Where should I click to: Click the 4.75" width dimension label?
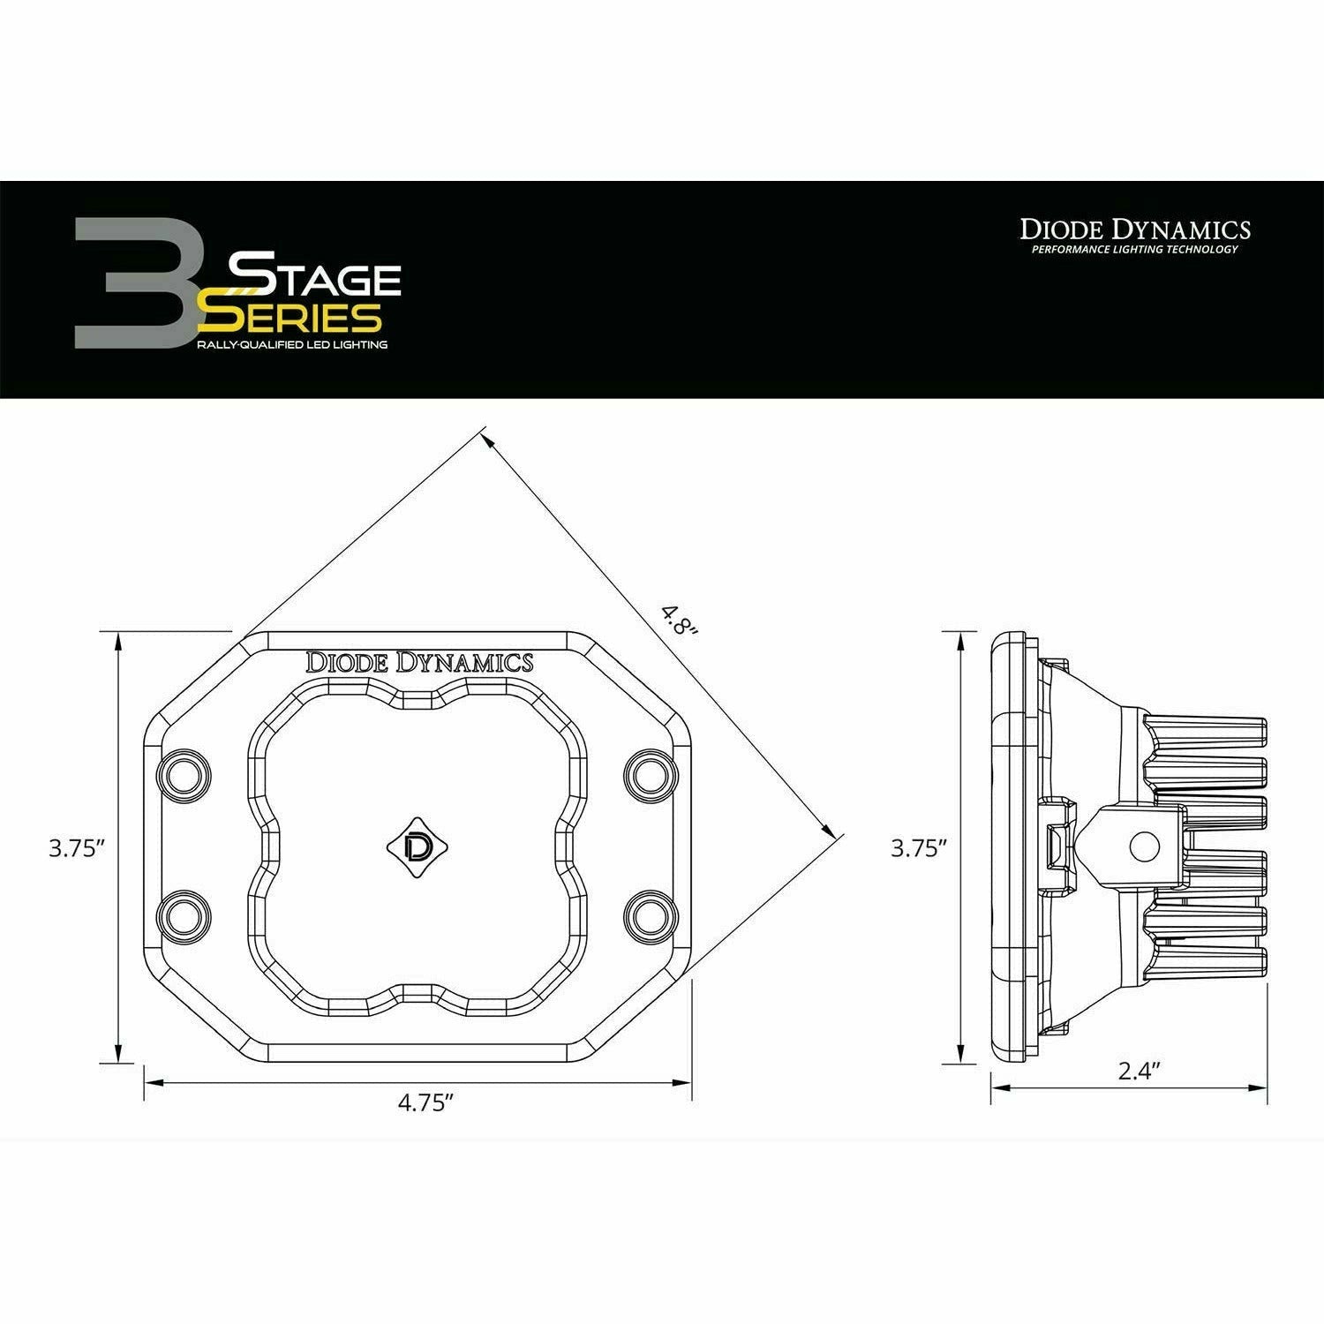[x=425, y=1103]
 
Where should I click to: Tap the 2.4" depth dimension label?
[x=1138, y=1072]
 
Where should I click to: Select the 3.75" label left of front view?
[x=78, y=849]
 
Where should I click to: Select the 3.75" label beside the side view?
[x=919, y=849]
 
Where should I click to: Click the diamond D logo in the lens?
[x=417, y=845]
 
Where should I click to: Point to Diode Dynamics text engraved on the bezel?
[x=418, y=662]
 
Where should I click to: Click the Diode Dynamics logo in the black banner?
[x=1135, y=229]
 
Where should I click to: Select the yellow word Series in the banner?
[x=291, y=316]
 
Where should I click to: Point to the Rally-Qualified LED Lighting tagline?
[x=292, y=344]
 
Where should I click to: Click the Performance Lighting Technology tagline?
[x=1135, y=250]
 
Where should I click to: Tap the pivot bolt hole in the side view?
[x=1142, y=845]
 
